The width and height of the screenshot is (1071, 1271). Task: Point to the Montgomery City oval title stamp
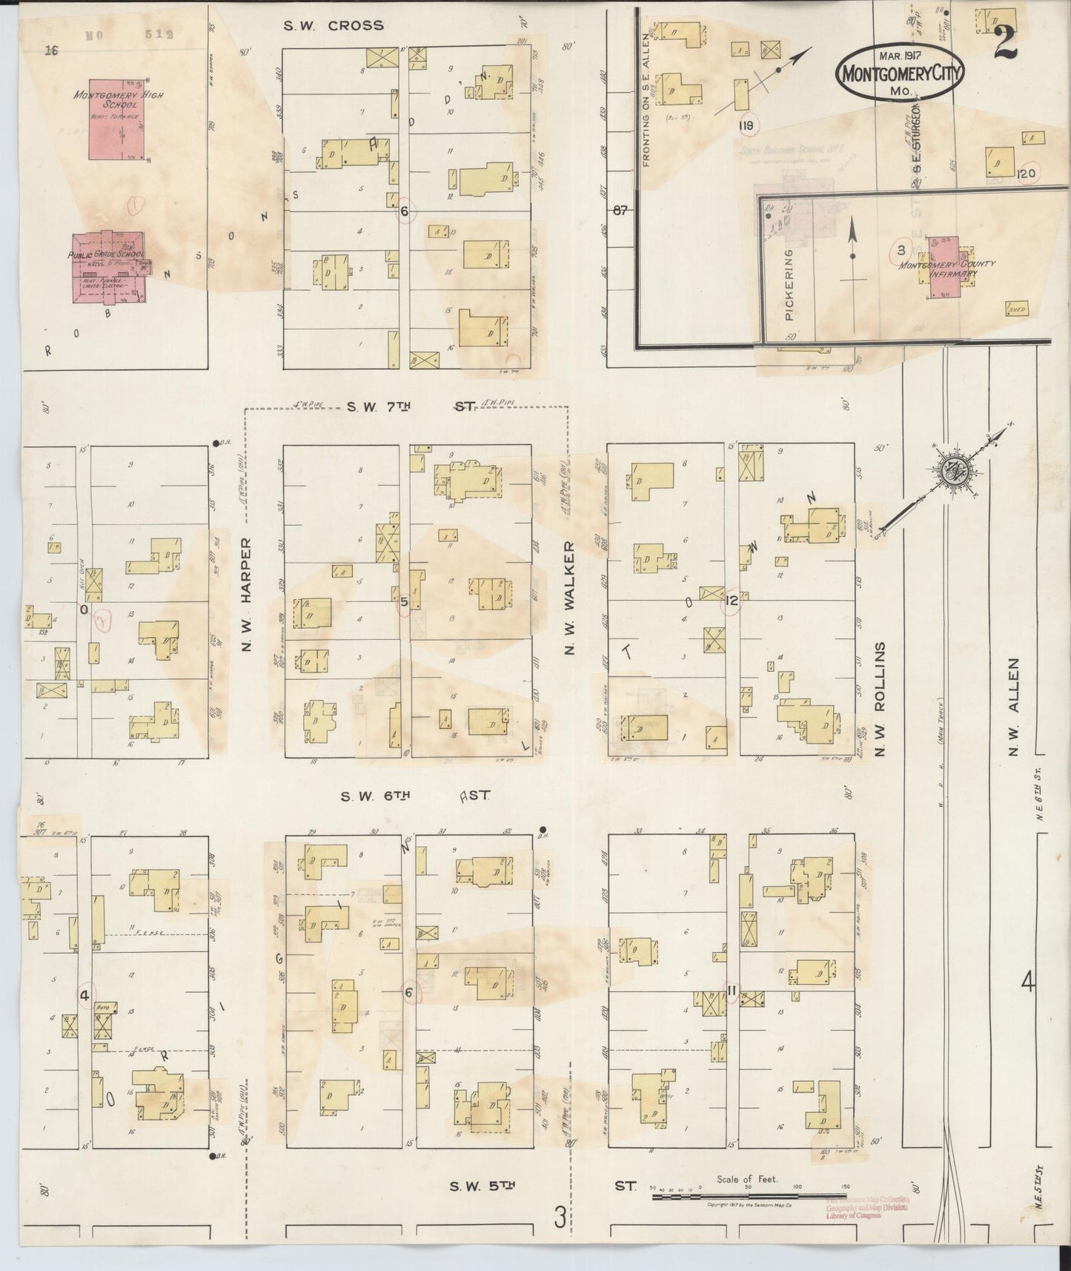pyautogui.click(x=901, y=73)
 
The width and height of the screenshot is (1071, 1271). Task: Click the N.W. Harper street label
pyautogui.click(x=247, y=595)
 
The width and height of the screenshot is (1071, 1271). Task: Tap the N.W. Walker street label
pyautogui.click(x=570, y=597)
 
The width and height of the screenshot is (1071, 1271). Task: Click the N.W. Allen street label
pyautogui.click(x=1014, y=708)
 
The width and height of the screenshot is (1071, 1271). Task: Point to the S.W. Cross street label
pyautogui.click(x=335, y=25)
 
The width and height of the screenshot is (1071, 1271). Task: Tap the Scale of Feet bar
pyautogui.click(x=752, y=1187)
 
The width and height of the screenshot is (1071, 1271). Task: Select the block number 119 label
pyautogui.click(x=746, y=125)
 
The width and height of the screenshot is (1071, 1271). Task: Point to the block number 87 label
pyautogui.click(x=620, y=211)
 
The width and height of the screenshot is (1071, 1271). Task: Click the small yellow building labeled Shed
pyautogui.click(x=1016, y=308)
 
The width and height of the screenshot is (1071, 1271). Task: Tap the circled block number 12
pyautogui.click(x=732, y=601)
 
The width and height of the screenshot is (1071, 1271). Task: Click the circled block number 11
pyautogui.click(x=732, y=990)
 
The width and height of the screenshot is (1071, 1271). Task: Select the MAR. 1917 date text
pyautogui.click(x=901, y=56)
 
